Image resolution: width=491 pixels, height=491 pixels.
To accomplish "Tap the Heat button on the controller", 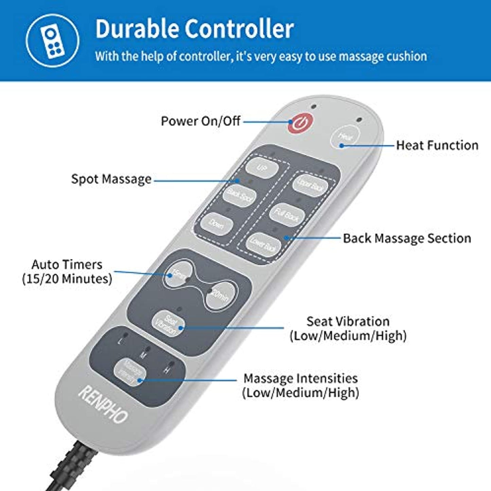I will coord(345,137).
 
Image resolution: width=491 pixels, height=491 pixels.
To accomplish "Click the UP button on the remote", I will coord(262,168).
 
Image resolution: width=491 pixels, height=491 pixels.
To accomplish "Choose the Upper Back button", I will coord(310,185).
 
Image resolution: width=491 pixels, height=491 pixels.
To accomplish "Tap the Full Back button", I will coord(286,214).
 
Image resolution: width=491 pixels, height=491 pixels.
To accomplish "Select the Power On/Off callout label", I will coord(200,121).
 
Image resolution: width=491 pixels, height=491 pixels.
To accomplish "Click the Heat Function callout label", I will coord(437,145).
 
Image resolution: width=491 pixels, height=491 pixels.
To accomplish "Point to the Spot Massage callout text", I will coord(111,179).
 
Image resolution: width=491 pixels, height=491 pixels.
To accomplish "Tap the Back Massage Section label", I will coord(407,238).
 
